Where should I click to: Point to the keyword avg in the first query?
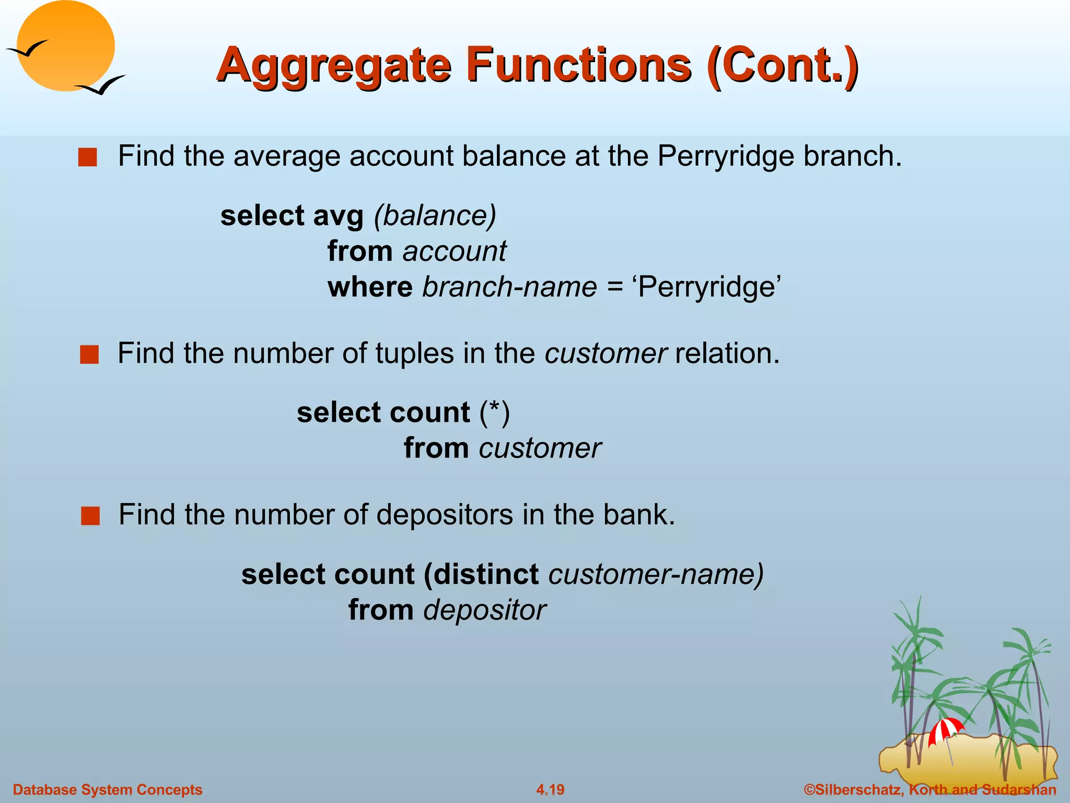coord(338,216)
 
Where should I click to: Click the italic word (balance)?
coord(435,215)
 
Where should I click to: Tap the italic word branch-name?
coord(509,287)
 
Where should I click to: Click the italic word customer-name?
coord(656,574)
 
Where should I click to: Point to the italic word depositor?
coord(484,610)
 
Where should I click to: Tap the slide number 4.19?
coord(550,789)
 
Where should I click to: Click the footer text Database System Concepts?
coord(108,789)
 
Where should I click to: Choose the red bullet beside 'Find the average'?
coord(88,157)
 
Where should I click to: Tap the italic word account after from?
coord(454,251)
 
